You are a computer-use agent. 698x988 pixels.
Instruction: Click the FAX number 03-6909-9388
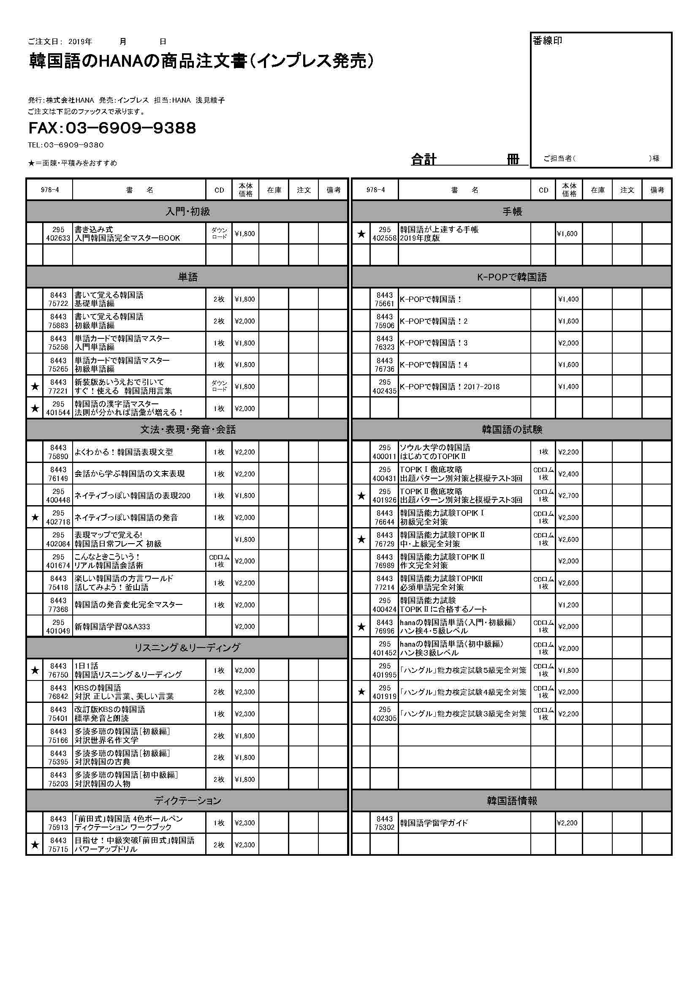[112, 128]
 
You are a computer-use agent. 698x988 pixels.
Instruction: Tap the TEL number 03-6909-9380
[65, 145]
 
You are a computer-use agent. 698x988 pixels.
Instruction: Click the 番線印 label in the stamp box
[547, 41]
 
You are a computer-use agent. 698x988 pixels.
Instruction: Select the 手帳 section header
[512, 212]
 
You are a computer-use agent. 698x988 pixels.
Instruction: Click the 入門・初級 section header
[187, 212]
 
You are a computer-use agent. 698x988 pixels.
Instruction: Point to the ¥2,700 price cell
[568, 496]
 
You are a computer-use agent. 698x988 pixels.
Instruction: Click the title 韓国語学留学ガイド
[434, 823]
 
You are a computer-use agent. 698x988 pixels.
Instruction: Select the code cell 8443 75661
[384, 299]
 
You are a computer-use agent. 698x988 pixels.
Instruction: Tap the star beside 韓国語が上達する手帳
[361, 234]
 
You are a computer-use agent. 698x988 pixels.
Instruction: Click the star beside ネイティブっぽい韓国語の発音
[35, 518]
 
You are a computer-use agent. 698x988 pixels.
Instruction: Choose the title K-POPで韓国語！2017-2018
[449, 386]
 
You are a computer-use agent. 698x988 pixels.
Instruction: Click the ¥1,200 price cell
[568, 604]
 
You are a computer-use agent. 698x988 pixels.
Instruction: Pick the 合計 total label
[424, 160]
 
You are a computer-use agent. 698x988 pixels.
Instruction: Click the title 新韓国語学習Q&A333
[112, 626]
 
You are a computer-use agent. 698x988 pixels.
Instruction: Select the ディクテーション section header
[187, 801]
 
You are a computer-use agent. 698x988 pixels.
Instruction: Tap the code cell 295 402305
[384, 714]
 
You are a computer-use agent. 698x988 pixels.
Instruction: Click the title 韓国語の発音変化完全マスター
[129, 604]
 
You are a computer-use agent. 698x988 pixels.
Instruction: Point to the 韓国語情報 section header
[512, 801]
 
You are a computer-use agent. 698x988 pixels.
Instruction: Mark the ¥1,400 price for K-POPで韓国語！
[568, 299]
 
